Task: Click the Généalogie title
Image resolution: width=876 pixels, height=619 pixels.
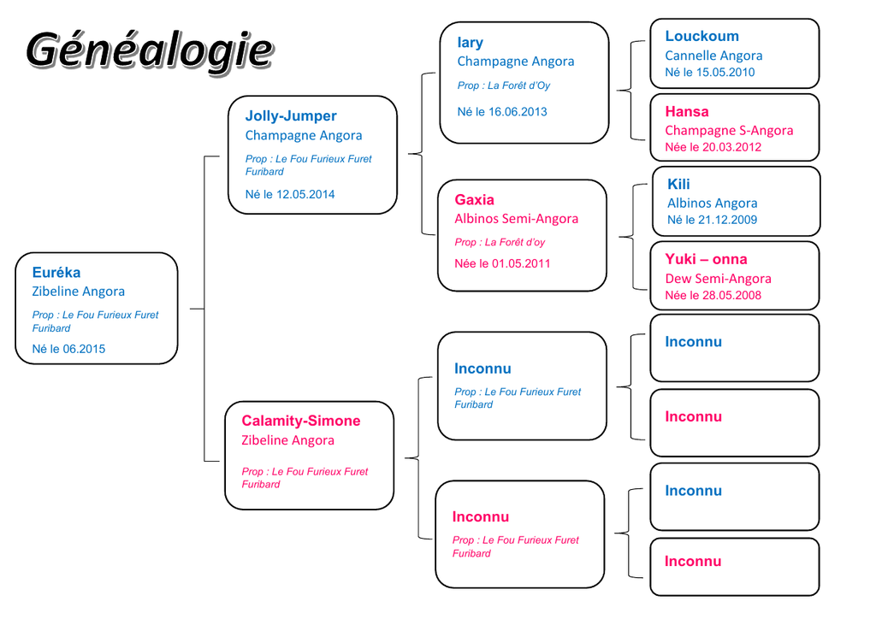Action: coord(150,51)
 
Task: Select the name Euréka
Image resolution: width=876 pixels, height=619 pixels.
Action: coord(56,273)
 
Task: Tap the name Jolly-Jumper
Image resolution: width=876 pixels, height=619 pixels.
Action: coord(291,116)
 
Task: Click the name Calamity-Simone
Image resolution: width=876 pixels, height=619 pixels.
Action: coord(300,421)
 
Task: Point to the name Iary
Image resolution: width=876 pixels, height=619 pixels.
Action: coord(470,43)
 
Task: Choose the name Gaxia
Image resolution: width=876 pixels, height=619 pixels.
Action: coord(474,200)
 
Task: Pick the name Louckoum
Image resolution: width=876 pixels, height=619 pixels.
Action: coord(701,36)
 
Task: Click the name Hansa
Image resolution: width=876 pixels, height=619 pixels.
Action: coord(687,112)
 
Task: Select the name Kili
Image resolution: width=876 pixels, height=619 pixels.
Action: coord(678,184)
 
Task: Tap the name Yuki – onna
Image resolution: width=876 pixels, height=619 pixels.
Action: coord(706,259)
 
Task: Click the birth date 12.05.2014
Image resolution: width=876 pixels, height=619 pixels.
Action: coord(305,195)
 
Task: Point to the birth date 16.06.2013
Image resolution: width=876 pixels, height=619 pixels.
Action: coord(518,112)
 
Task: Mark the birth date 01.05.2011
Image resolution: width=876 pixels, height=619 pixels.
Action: coord(521,263)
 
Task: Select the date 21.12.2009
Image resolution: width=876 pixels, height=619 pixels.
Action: coord(728,220)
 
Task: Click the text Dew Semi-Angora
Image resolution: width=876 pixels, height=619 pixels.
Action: coord(718,279)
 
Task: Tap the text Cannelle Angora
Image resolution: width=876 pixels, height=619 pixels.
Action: coord(713,56)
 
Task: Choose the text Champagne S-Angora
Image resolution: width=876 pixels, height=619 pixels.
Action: coord(729,131)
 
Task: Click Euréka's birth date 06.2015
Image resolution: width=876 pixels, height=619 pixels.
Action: coord(84,350)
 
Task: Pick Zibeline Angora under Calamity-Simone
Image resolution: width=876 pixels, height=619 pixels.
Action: coord(287,440)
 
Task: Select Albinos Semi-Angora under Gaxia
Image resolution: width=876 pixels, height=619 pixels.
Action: coord(516,219)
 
